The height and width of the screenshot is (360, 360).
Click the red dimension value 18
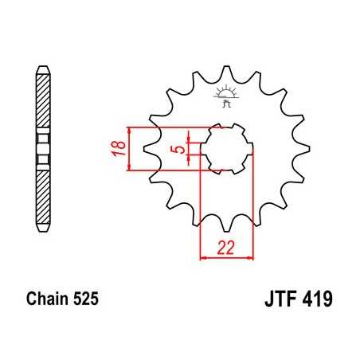pos(116,150)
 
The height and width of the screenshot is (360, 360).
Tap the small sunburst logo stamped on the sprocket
pos(225,98)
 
